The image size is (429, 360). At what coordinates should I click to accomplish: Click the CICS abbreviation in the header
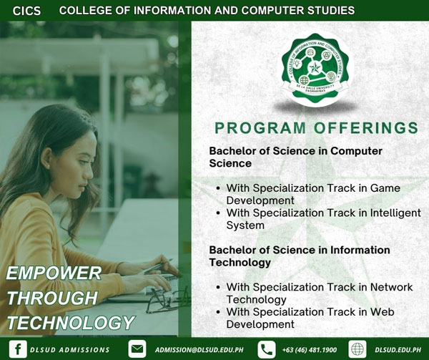(26, 11)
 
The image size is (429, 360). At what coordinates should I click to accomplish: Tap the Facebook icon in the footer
(18, 349)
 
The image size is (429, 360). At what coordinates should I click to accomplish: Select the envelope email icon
(137, 349)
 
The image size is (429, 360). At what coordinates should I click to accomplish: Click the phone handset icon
(267, 349)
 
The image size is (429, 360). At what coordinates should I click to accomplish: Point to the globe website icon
(357, 349)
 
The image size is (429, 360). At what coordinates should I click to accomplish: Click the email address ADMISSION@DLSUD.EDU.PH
(199, 349)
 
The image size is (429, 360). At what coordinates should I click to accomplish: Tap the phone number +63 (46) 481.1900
(310, 349)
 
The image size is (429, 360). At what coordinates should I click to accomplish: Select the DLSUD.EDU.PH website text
(398, 349)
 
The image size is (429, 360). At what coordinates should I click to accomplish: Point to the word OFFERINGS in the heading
(366, 128)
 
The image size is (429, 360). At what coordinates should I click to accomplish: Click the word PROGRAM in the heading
(260, 128)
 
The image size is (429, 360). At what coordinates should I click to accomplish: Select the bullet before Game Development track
(218, 188)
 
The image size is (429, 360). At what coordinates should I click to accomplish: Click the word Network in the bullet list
(391, 287)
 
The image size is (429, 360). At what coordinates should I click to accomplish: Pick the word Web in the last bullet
(382, 312)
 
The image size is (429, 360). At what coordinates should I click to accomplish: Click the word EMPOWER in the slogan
(54, 273)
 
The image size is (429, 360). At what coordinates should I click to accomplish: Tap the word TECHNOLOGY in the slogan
(71, 323)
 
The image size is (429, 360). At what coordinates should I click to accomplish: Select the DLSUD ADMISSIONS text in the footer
(70, 349)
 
